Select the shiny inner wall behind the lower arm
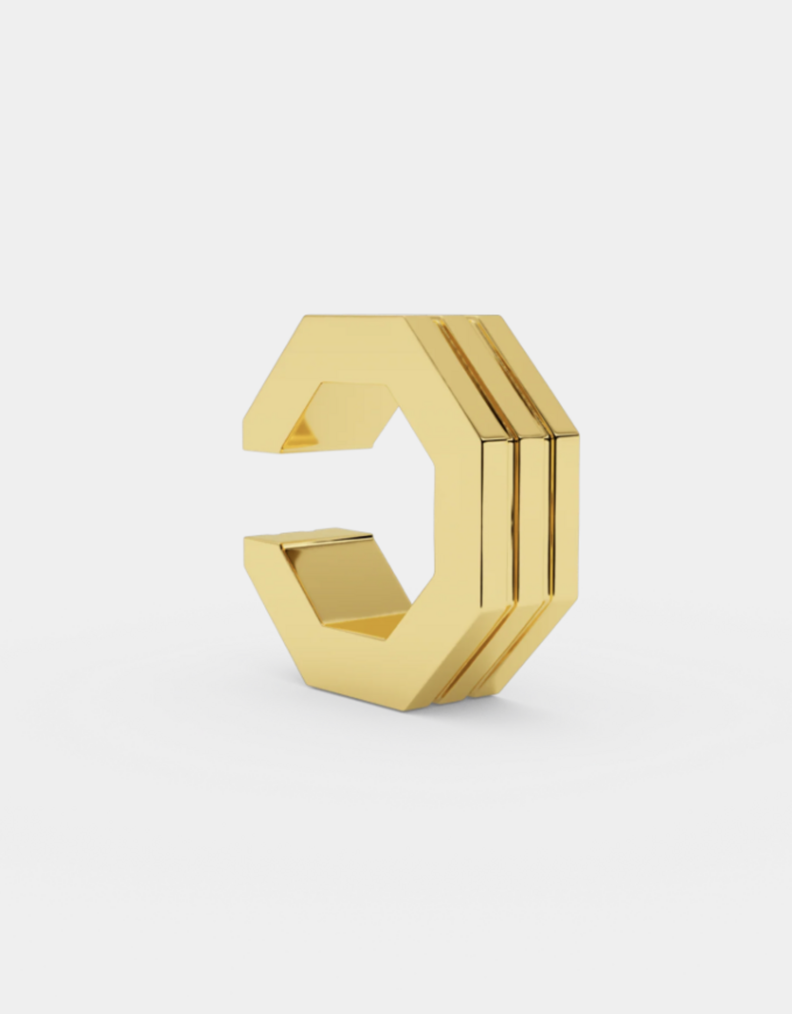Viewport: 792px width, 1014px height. (x=342, y=569)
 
